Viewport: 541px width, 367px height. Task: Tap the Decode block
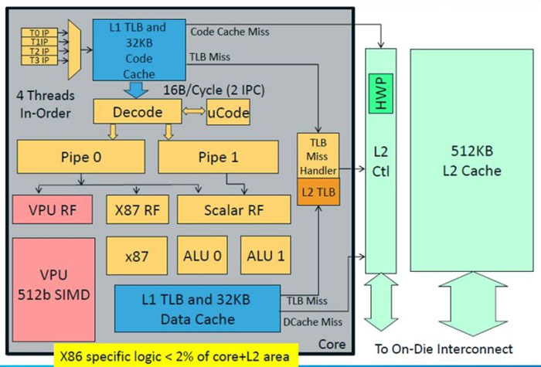pyautogui.click(x=138, y=112)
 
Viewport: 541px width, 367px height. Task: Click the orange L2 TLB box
pyautogui.click(x=318, y=190)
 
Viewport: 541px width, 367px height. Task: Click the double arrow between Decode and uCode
pyautogui.click(x=194, y=113)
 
